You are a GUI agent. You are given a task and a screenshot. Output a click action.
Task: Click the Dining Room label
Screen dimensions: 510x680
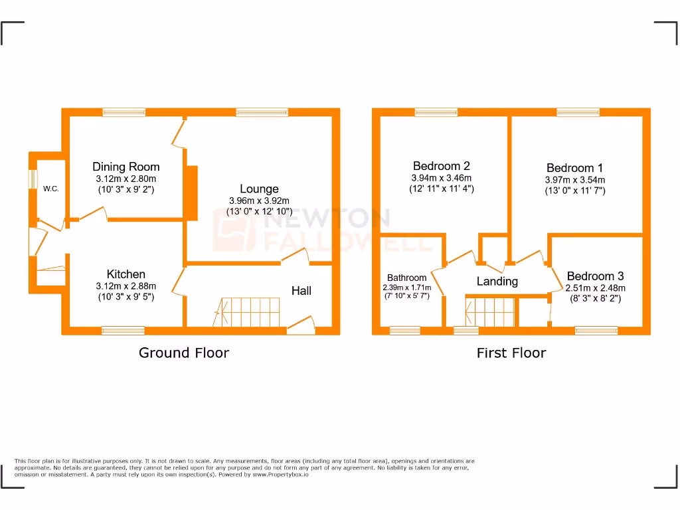[x=126, y=167]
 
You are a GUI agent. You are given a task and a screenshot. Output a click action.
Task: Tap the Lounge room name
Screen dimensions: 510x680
[x=259, y=189]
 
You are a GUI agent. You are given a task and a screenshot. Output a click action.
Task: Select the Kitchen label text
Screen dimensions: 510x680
[x=126, y=274]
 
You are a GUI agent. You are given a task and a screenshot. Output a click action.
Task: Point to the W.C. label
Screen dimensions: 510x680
[x=51, y=189]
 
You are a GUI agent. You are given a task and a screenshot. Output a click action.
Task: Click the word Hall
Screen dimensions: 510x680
[x=301, y=291]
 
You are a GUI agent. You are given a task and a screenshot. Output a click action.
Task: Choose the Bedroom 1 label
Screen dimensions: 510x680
[x=574, y=168]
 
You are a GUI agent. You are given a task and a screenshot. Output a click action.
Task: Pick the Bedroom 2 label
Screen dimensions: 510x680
[x=441, y=166]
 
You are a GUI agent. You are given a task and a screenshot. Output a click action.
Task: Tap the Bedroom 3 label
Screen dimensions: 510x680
[x=595, y=276]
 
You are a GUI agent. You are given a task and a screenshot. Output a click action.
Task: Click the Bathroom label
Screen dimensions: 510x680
[x=406, y=278]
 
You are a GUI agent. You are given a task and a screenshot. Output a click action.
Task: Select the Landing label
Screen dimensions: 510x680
[x=497, y=282]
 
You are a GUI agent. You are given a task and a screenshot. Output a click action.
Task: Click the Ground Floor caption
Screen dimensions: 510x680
[x=183, y=353]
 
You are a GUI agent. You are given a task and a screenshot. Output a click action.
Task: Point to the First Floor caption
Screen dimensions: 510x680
[x=511, y=353]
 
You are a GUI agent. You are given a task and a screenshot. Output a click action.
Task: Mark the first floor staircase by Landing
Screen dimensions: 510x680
[x=491, y=311]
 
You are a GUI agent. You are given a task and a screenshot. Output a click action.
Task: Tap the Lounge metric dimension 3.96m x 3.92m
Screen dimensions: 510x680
[x=259, y=201]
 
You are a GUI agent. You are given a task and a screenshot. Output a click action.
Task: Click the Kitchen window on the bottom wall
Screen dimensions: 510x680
[x=123, y=330]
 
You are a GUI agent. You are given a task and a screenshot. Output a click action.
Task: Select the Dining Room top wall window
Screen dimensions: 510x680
[x=124, y=112]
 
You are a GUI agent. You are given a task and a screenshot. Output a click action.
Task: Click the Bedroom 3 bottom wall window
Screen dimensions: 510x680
[x=596, y=330]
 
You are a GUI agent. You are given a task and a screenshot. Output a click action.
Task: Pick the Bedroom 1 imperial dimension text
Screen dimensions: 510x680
[x=574, y=191]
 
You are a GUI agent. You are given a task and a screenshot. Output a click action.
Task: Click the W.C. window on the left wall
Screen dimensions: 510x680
[x=32, y=179]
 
